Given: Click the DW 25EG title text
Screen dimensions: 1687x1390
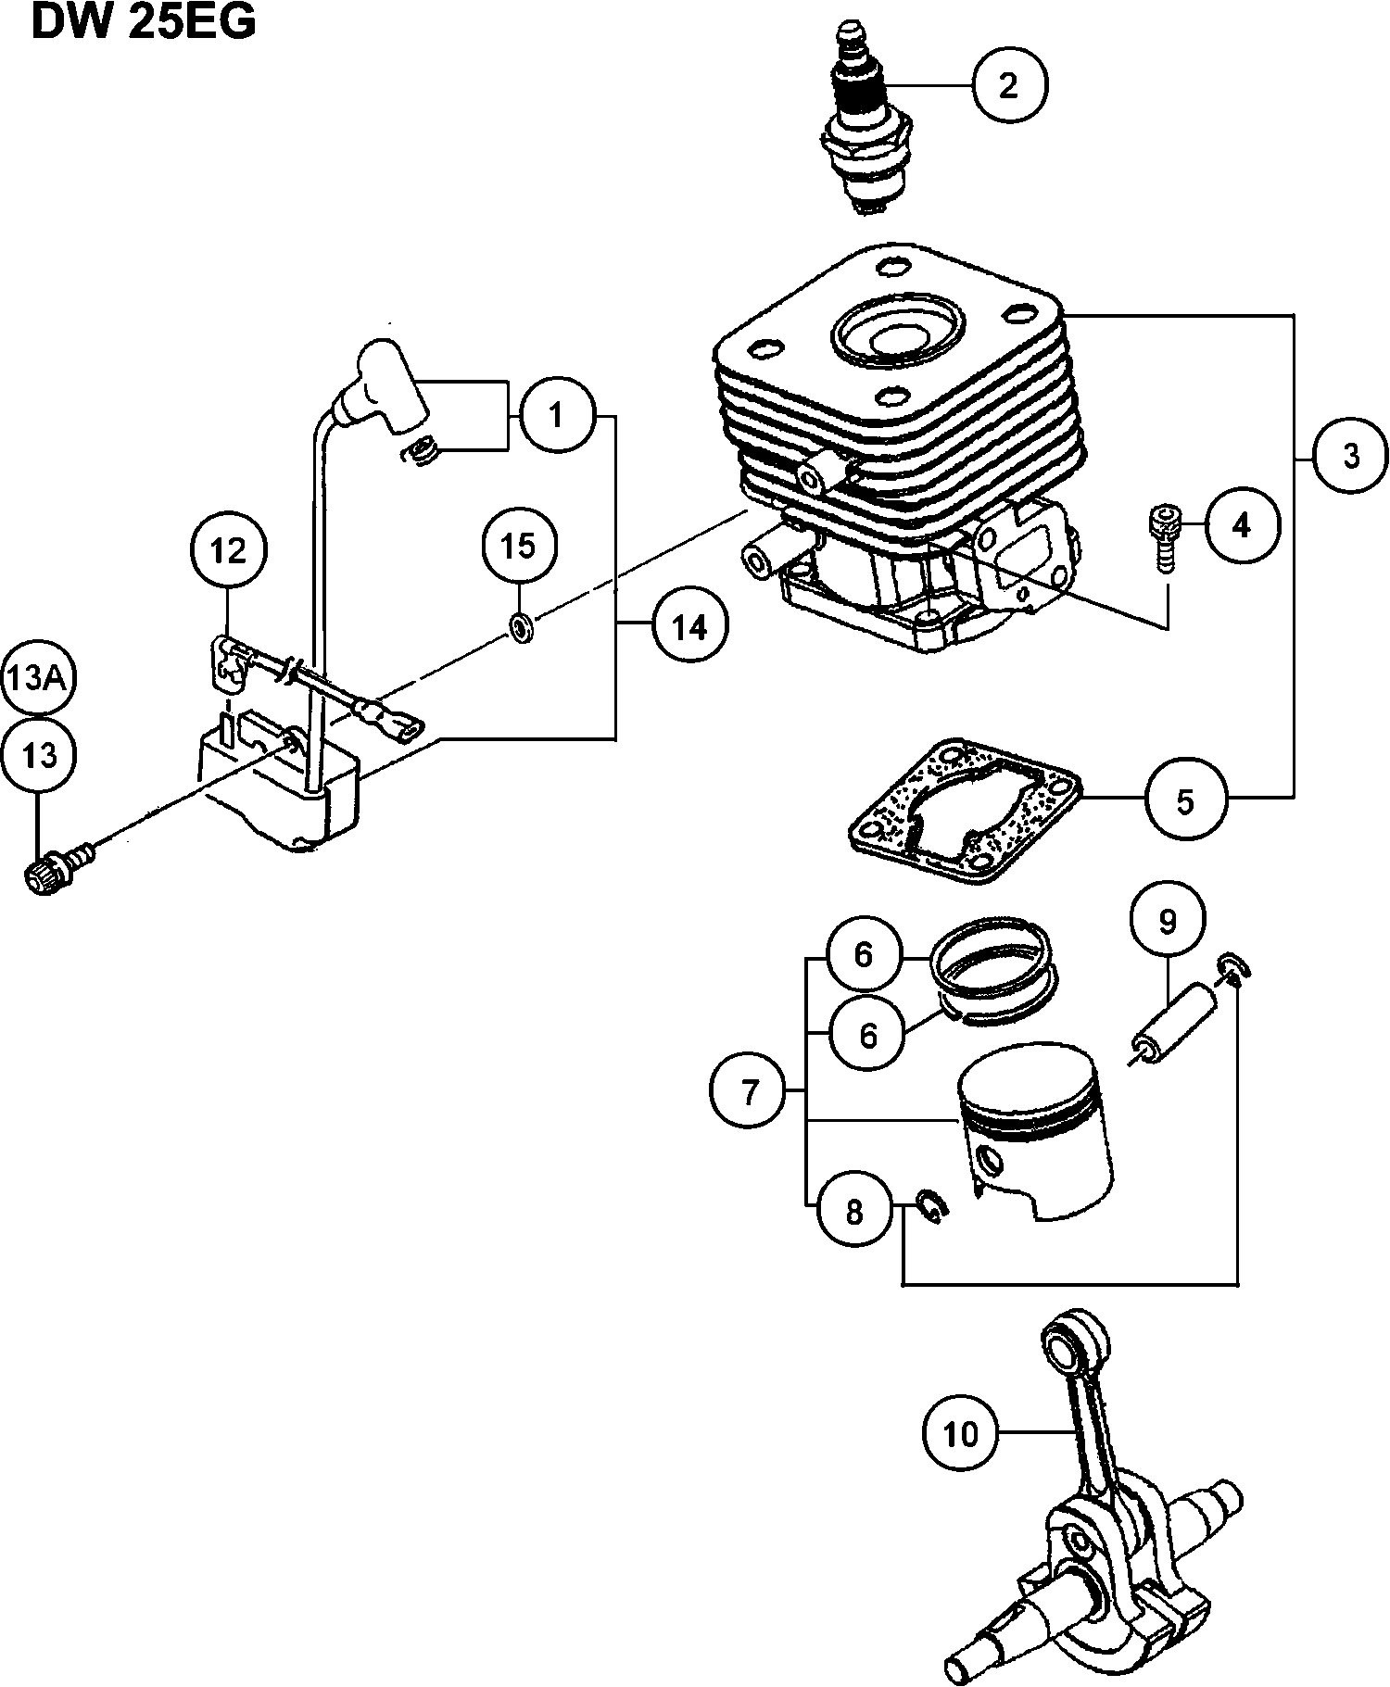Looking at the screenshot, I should pos(144,24).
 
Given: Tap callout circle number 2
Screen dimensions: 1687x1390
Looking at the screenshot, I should pos(1009,85).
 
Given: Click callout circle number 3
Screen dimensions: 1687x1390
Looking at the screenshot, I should pos(1351,456).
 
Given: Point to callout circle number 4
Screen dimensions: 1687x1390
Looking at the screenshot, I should pos(1242,525).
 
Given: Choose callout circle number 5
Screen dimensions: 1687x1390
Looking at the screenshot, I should pos(1185,801).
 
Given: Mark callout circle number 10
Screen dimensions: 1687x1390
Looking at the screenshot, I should pos(961,1434).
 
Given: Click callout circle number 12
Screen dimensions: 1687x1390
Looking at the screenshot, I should pos(229,551).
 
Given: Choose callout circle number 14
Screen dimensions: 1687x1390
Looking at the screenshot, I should pos(689,628).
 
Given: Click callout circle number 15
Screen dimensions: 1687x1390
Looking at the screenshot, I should pos(519,546).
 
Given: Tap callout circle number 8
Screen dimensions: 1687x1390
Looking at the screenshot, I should pos(854,1211).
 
